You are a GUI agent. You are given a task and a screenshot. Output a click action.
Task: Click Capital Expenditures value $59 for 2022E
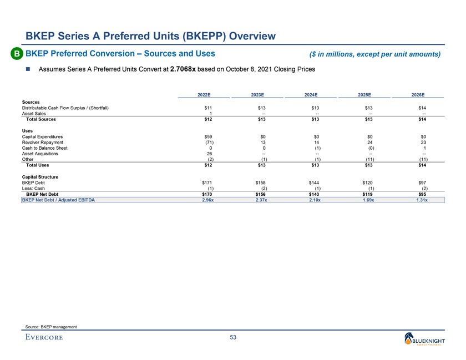[208, 136]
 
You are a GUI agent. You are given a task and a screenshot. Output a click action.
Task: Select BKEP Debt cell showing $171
[208, 182]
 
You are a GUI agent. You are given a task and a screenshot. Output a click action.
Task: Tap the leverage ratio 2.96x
[207, 200]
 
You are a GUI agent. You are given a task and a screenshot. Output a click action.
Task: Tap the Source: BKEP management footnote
[51, 327]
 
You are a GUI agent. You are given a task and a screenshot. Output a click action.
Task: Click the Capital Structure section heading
[40, 176]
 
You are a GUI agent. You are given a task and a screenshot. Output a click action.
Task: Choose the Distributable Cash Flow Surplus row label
[65, 107]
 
